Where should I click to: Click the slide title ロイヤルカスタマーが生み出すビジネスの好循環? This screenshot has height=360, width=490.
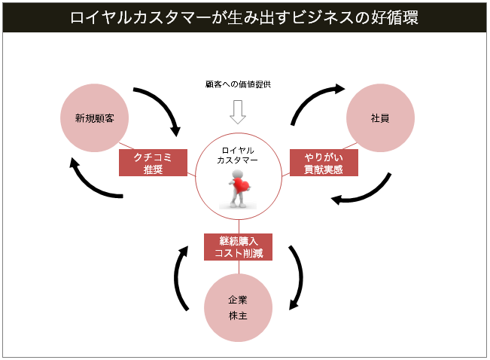(x=244, y=17)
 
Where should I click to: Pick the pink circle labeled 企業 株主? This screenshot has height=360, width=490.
(x=238, y=307)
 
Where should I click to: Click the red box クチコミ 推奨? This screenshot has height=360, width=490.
(x=154, y=163)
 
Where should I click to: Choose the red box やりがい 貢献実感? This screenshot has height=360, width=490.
(x=324, y=163)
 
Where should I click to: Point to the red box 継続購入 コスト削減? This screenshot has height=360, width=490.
(x=238, y=246)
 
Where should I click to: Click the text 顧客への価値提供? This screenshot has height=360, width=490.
(x=238, y=84)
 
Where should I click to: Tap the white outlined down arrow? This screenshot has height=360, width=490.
(x=238, y=112)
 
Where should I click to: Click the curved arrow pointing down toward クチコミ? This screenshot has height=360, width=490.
(x=166, y=109)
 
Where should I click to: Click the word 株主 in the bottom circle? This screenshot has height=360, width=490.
(x=238, y=316)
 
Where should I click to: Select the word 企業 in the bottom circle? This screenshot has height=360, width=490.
(x=238, y=299)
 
